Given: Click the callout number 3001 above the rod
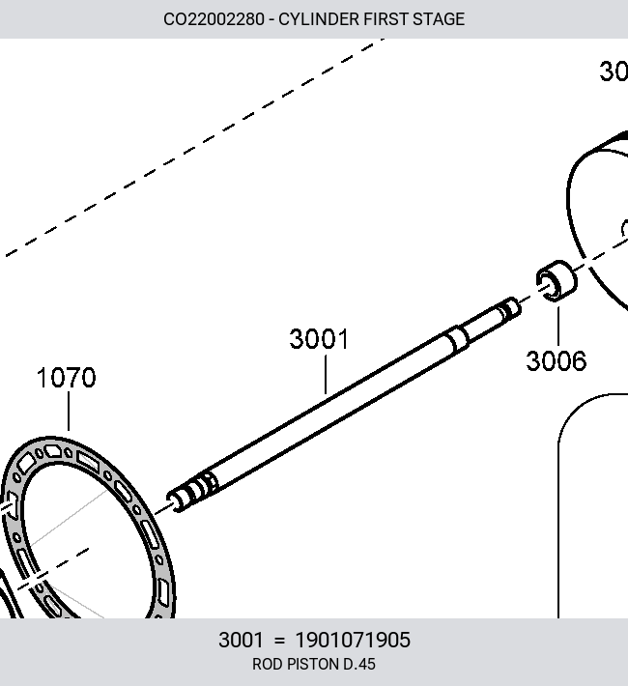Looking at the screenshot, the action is pyautogui.click(x=319, y=339).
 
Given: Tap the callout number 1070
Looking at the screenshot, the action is pyautogui.click(x=66, y=378).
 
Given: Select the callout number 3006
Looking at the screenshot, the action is pyautogui.click(x=556, y=361).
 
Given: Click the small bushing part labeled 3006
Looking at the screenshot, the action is pyautogui.click(x=557, y=281).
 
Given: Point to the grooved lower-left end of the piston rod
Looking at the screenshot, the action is pyautogui.click(x=192, y=492).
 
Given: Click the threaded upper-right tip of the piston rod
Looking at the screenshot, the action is pyautogui.click(x=510, y=308).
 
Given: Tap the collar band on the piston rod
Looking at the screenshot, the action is pyautogui.click(x=457, y=339).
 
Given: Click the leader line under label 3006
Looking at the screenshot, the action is pyautogui.click(x=558, y=327).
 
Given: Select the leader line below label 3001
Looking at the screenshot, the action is pyautogui.click(x=326, y=375).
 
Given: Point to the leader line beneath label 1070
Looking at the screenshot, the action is pyautogui.click(x=69, y=412).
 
